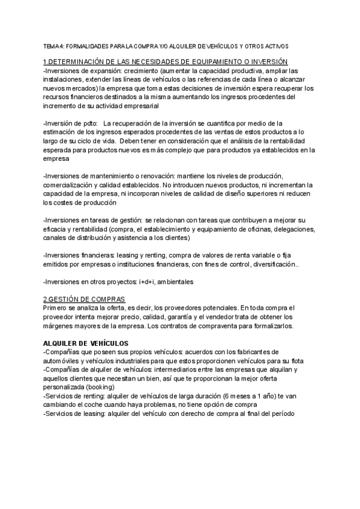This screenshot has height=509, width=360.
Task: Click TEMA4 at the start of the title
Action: click(53, 46)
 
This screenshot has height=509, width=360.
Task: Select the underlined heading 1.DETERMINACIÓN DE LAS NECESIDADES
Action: click(166, 62)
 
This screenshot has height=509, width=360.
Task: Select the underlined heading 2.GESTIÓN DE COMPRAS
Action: click(85, 299)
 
